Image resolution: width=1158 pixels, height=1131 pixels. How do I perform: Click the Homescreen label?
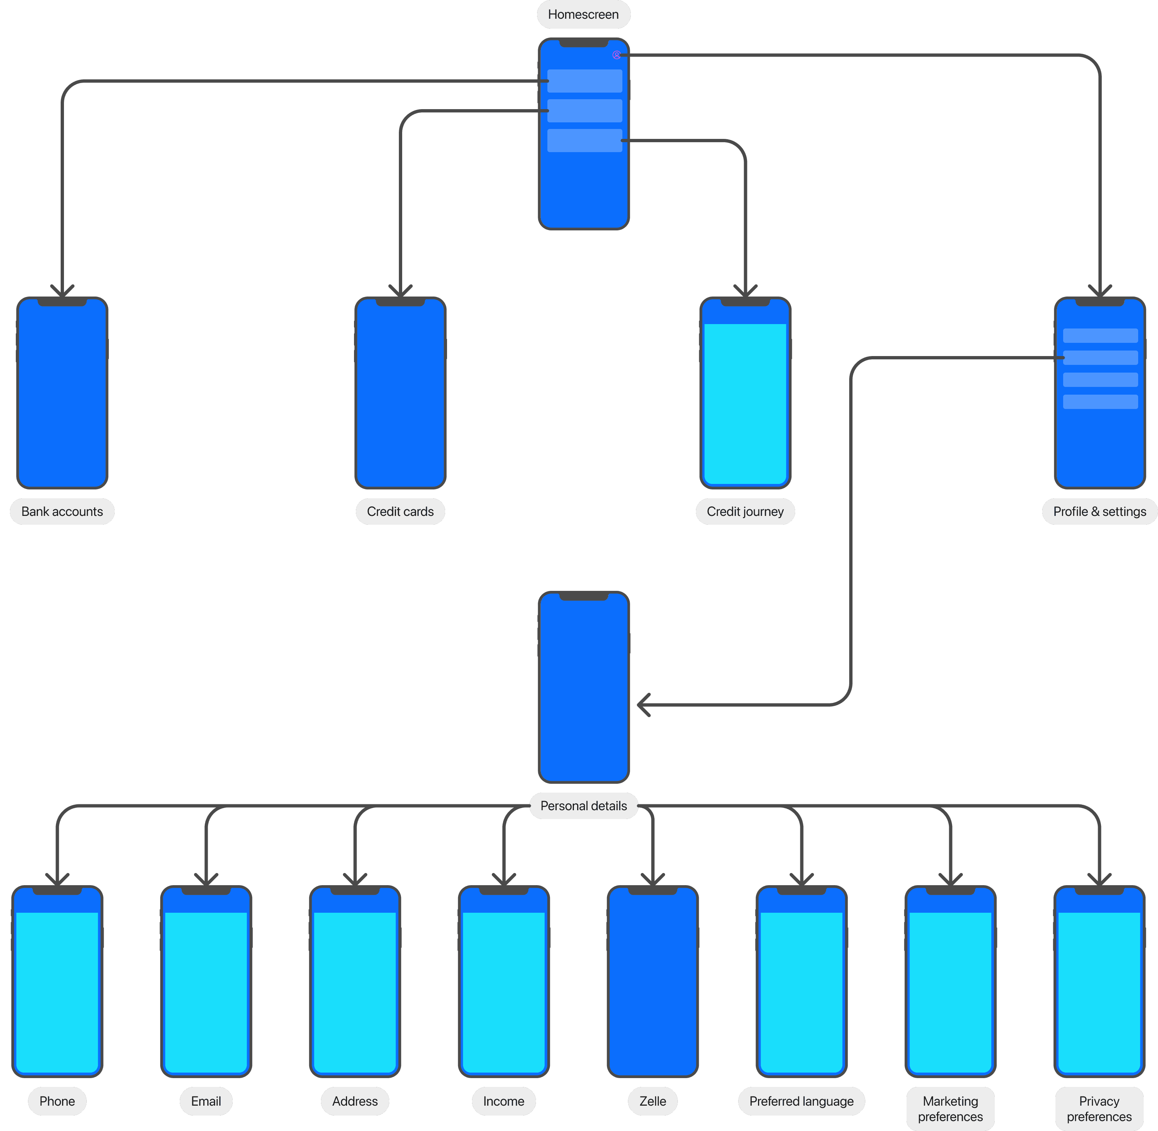[583, 14]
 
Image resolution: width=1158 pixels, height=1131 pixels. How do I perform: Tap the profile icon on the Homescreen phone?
[616, 55]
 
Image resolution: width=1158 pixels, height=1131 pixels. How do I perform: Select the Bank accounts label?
[62, 511]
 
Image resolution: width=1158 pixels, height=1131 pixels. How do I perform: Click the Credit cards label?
[400, 511]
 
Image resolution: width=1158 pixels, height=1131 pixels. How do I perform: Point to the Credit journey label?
[745, 511]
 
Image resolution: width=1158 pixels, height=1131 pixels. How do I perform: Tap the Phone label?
[57, 1101]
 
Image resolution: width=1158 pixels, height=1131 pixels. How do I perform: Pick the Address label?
[355, 1101]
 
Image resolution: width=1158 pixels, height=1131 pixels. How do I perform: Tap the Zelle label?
[653, 1101]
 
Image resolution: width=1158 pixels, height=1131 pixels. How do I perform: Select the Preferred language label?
[801, 1101]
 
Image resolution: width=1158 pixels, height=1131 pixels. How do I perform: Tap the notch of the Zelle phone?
[653, 890]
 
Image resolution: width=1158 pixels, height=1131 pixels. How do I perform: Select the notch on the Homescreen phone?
[583, 43]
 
